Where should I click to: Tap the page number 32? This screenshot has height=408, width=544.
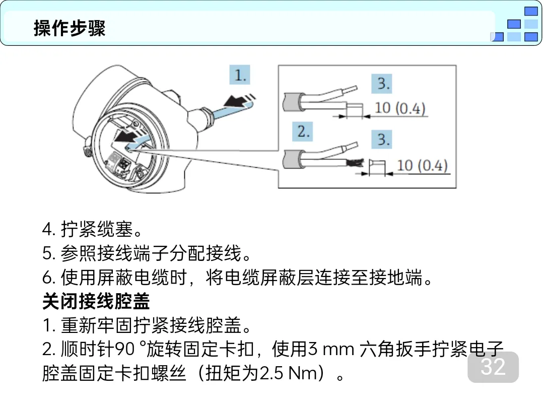[493, 367]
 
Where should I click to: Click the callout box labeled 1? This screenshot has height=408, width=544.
[240, 76]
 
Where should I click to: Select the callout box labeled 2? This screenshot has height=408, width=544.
[303, 132]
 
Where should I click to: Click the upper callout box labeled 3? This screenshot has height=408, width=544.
[384, 84]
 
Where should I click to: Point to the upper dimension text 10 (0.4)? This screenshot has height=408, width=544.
[400, 108]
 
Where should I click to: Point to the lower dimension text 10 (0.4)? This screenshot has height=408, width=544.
[422, 165]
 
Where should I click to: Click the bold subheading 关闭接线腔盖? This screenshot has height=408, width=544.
[96, 302]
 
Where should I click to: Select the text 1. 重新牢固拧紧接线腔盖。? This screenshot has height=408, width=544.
[147, 326]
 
